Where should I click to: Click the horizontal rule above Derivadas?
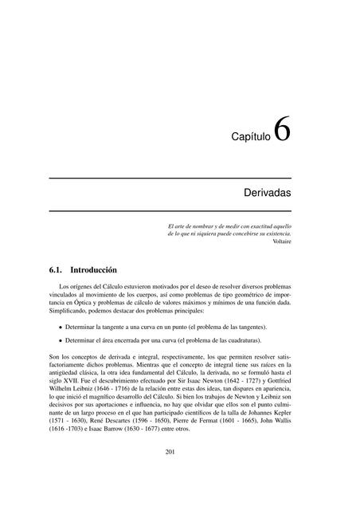pyautogui.click(x=170, y=177)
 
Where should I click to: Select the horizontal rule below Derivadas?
pyautogui.click(x=170, y=210)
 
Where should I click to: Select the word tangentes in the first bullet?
pyautogui.click(x=248, y=328)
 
